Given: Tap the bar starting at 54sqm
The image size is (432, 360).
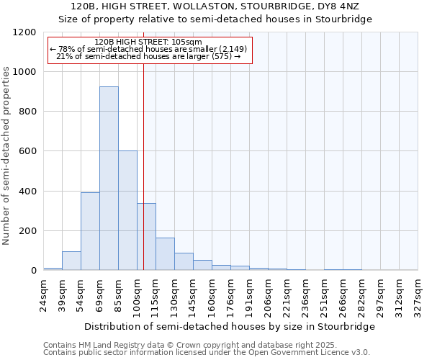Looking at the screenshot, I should point(90,231).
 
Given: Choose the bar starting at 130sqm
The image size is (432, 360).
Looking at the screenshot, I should point(184,261).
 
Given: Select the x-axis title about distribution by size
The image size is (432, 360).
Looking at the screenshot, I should point(230,327).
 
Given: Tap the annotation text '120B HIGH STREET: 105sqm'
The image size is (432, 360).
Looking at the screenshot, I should point(148,42).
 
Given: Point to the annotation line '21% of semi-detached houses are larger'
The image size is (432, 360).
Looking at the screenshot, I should point(148,56).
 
